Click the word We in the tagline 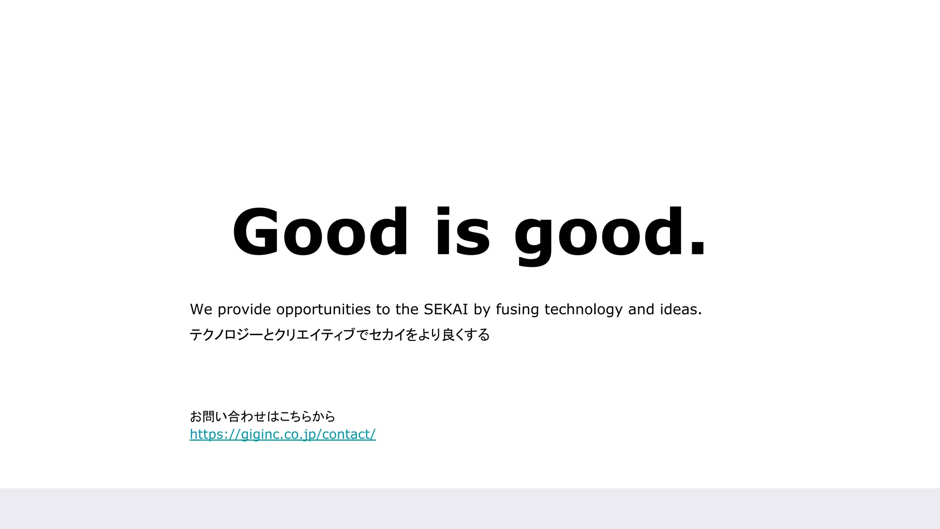click(201, 310)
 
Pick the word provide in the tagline click(244, 310)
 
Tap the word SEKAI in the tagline click(446, 310)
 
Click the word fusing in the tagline click(517, 310)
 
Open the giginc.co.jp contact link click(283, 434)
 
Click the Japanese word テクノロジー click(226, 335)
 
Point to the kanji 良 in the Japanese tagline click(448, 335)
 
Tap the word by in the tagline click(482, 310)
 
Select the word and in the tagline click(641, 310)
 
